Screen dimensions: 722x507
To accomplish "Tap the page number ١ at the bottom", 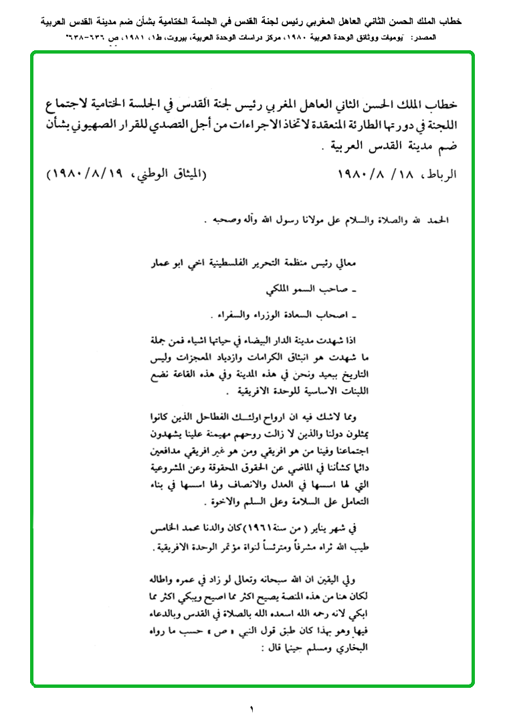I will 252,708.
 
